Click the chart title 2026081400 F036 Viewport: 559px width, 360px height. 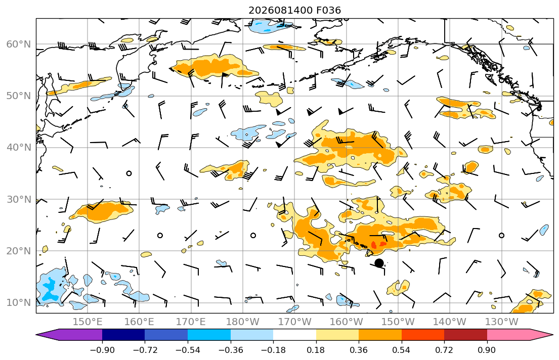(x=294, y=10)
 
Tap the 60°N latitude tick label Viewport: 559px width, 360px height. (x=19, y=44)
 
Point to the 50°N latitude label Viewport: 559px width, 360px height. (x=19, y=96)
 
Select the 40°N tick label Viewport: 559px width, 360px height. (x=19, y=148)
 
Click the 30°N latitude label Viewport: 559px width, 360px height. (x=19, y=199)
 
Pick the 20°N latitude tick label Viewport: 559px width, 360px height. (x=19, y=251)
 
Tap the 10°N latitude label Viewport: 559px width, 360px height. (x=19, y=303)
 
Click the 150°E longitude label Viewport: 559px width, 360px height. (x=88, y=322)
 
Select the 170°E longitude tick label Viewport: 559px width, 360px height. (x=191, y=322)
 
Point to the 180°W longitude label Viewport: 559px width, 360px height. (x=243, y=322)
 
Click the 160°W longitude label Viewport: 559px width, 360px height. (x=346, y=322)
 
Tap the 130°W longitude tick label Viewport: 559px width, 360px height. (x=502, y=322)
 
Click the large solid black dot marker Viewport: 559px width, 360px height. (x=379, y=263)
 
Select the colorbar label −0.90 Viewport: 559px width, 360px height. (x=102, y=350)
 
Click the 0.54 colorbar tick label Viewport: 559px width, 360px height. (x=402, y=350)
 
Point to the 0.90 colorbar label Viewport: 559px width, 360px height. (x=487, y=350)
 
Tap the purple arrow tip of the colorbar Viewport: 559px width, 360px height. (x=37, y=335)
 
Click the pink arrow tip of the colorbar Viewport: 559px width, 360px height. (x=552, y=335)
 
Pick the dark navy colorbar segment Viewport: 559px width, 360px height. (x=123, y=335)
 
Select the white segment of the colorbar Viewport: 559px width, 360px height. (x=294, y=335)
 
